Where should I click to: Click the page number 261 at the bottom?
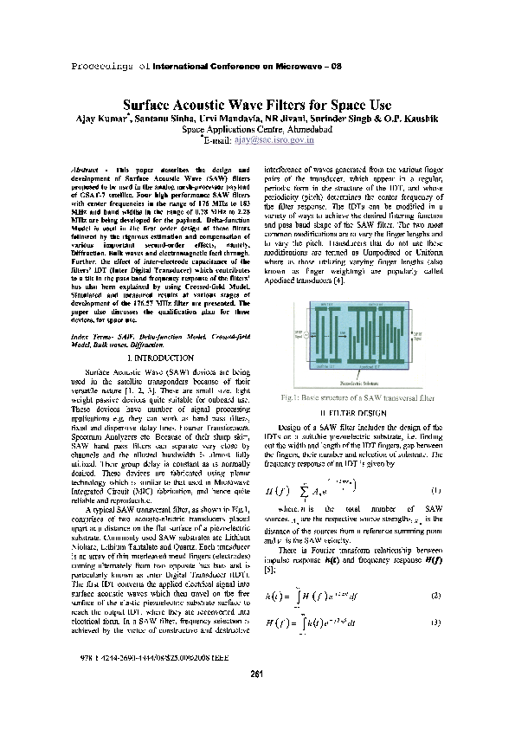[256, 699]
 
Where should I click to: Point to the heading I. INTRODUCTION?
[160, 357]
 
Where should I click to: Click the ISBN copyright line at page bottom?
[133, 681]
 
